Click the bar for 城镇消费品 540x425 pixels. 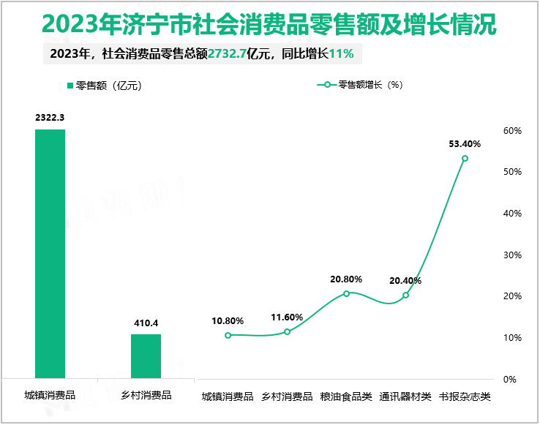[50, 254]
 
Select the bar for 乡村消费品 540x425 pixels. [146, 356]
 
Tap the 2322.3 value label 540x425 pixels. [50, 118]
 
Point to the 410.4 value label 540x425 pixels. [146, 323]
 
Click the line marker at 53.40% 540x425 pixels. [465, 159]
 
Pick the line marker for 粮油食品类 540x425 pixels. [346, 293]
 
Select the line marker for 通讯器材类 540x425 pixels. [405, 296]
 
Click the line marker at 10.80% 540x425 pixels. [228, 335]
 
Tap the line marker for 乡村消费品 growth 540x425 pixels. [287, 332]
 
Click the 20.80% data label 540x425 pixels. [346, 279]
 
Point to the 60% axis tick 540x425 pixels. [511, 131]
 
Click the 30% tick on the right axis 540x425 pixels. [511, 255]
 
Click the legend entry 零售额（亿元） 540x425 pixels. [103, 86]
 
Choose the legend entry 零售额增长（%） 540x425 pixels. [364, 85]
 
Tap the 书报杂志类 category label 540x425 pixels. [465, 397]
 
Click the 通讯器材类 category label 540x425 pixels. [405, 397]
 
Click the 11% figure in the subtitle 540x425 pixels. [342, 53]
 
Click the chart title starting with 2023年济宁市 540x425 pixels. [269, 24]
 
